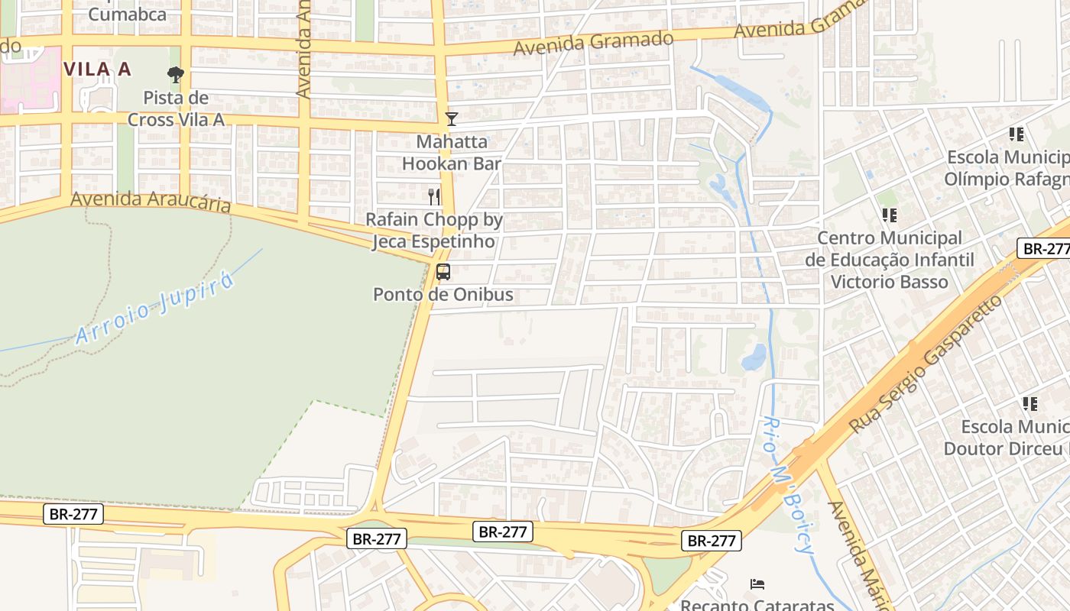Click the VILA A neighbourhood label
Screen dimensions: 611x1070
tap(97, 69)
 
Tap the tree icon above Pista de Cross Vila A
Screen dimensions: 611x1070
tap(176, 74)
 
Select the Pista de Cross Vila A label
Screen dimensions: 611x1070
tap(176, 108)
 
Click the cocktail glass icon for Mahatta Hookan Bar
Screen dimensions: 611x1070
tap(452, 118)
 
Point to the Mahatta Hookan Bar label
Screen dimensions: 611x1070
tap(452, 153)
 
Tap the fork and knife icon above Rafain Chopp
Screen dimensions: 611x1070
tap(435, 196)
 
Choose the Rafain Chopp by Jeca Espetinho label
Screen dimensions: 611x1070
tap(434, 231)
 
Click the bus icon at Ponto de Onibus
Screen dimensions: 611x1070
tap(443, 271)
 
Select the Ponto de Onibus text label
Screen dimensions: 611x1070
tap(443, 294)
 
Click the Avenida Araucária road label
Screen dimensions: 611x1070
tap(151, 202)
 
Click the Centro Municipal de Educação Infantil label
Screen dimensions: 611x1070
tap(890, 260)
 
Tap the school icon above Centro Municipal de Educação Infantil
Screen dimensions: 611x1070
tap(889, 215)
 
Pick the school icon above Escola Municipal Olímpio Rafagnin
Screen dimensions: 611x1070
tap(1016, 134)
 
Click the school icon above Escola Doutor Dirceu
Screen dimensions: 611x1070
tap(1029, 404)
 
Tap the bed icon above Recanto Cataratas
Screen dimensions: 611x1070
tap(757, 584)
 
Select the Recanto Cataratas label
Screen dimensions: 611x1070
tap(757, 605)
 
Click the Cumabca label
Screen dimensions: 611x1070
tap(128, 14)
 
